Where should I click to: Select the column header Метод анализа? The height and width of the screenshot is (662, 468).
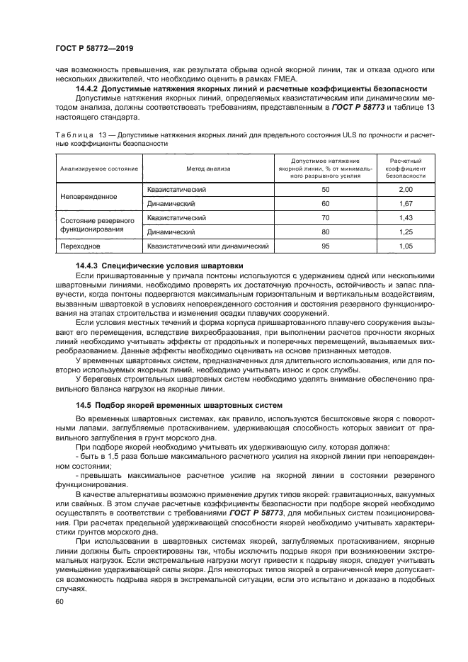[208, 169]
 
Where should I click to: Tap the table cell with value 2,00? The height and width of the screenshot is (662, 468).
[406, 190]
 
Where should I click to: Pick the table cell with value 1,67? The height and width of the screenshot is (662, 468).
[406, 204]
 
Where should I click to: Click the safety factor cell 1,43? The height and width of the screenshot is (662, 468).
[406, 217]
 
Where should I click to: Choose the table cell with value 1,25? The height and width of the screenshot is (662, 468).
[406, 232]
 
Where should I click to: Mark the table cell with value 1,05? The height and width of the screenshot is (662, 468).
[406, 246]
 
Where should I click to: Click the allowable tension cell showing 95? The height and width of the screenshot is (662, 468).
[326, 246]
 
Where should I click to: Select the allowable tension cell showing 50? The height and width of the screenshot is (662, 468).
[326, 190]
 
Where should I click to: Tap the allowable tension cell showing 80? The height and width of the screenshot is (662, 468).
[326, 232]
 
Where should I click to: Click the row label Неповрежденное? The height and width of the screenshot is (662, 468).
[89, 197]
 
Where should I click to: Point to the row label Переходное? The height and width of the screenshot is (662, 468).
[80, 246]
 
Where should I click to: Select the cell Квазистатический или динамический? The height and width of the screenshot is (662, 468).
[208, 246]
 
